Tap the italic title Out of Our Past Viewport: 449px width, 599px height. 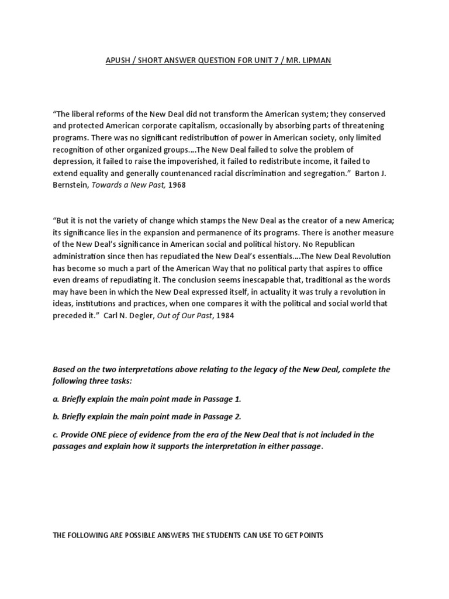[192, 315]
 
